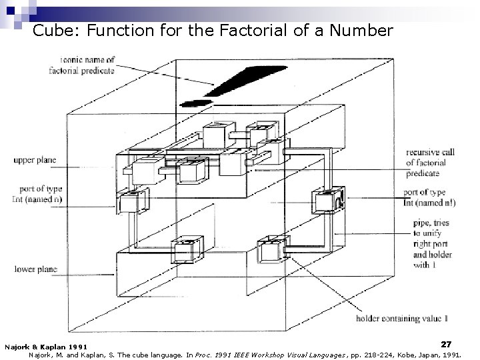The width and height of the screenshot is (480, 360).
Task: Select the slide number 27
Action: [x=446, y=344]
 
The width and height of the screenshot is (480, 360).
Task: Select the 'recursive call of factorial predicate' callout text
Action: [x=430, y=163]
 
